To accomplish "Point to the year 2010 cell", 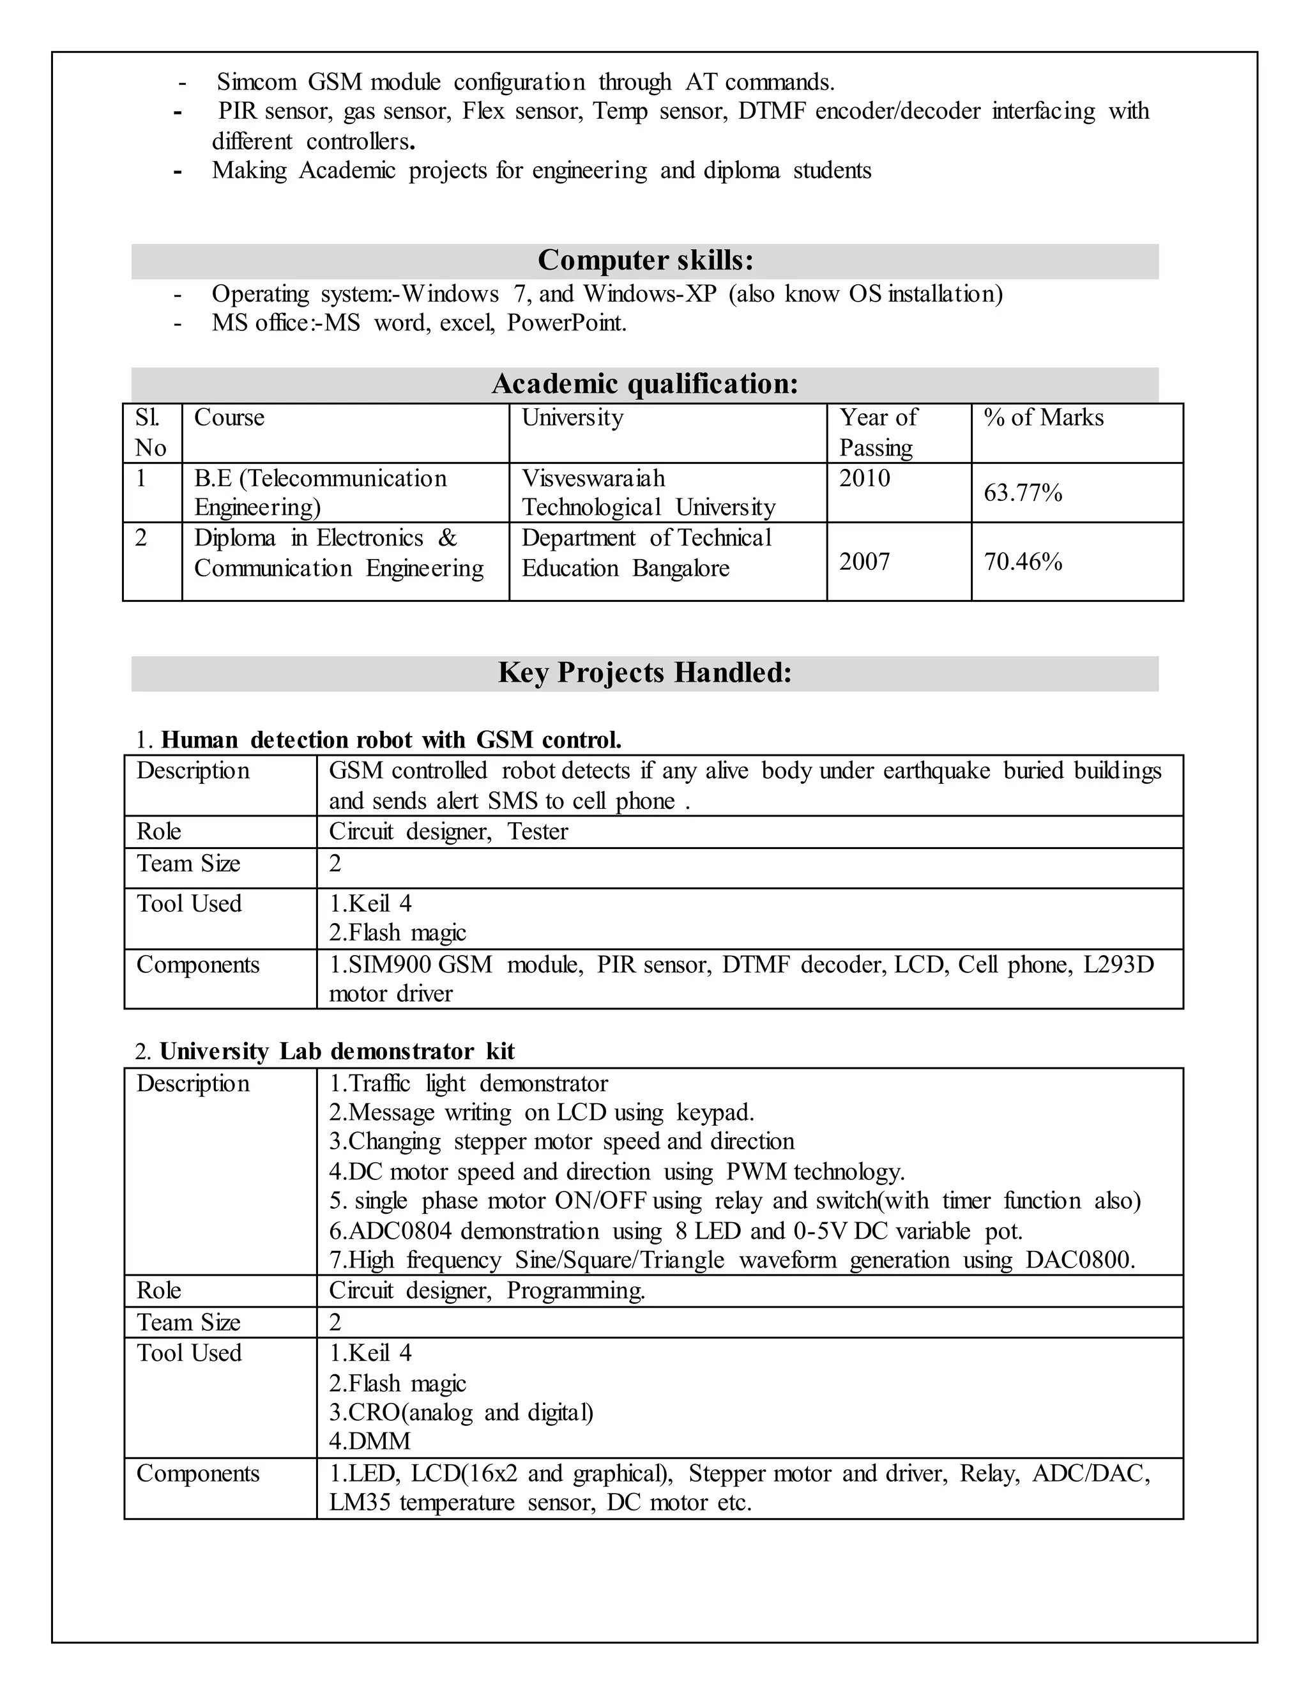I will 864,479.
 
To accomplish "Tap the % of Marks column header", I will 1043,418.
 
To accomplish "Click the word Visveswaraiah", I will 593,479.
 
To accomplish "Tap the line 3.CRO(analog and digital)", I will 461,1412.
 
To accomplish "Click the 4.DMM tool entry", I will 369,1441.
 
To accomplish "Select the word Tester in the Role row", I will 537,831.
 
